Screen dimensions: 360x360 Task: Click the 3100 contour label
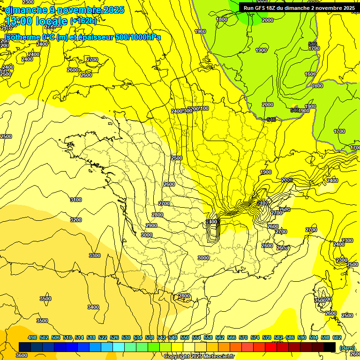(75, 200)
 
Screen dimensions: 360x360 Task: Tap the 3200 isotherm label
(75, 219)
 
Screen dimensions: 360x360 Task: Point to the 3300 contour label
(95, 255)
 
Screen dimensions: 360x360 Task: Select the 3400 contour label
(93, 307)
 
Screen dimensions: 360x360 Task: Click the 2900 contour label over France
(151, 225)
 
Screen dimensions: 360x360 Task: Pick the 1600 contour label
(310, 74)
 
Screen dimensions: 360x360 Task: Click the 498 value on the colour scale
(32, 337)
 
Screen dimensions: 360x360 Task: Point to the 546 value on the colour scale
(172, 337)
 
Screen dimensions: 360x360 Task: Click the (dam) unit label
(347, 348)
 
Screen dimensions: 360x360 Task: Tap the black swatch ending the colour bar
(330, 347)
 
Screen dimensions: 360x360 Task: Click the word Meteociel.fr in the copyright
(216, 356)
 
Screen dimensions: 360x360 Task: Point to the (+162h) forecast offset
(83, 21)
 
